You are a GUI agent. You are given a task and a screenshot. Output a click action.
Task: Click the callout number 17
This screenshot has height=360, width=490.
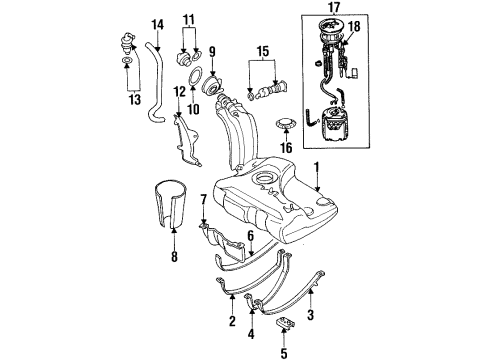coord(334,7)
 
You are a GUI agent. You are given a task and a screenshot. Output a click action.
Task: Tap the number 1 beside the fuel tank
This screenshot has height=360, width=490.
coord(317,168)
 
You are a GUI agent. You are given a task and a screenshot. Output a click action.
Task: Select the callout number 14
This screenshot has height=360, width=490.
coord(157,25)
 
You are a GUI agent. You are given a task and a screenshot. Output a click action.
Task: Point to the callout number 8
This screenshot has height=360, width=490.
coord(174,257)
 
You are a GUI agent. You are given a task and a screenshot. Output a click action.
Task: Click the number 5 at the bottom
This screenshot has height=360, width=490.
coord(284,353)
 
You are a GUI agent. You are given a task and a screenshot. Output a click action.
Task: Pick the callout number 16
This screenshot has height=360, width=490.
coord(286,147)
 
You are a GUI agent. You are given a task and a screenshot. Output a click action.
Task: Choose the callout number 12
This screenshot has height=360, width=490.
coord(179,91)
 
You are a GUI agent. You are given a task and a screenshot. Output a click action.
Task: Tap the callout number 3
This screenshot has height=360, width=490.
coord(310,314)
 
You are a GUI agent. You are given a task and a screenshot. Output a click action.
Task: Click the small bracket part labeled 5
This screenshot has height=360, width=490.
coord(286,324)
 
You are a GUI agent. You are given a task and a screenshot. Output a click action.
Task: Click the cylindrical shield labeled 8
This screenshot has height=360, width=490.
coord(171,204)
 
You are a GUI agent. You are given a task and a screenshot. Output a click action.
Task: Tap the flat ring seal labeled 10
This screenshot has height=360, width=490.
coord(195,76)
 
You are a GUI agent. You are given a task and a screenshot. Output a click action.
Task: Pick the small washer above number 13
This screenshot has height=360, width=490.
coord(127,61)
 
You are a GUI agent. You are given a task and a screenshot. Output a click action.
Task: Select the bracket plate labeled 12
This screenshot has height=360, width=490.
coord(186,140)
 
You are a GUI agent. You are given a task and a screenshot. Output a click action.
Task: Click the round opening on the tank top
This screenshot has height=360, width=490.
coord(266,178)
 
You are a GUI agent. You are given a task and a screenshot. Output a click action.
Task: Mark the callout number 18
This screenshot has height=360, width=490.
coord(355,26)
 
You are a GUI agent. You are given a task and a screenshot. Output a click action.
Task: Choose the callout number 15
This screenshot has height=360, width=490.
coord(262,52)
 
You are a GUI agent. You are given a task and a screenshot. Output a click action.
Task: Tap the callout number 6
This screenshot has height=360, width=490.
coord(250,236)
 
